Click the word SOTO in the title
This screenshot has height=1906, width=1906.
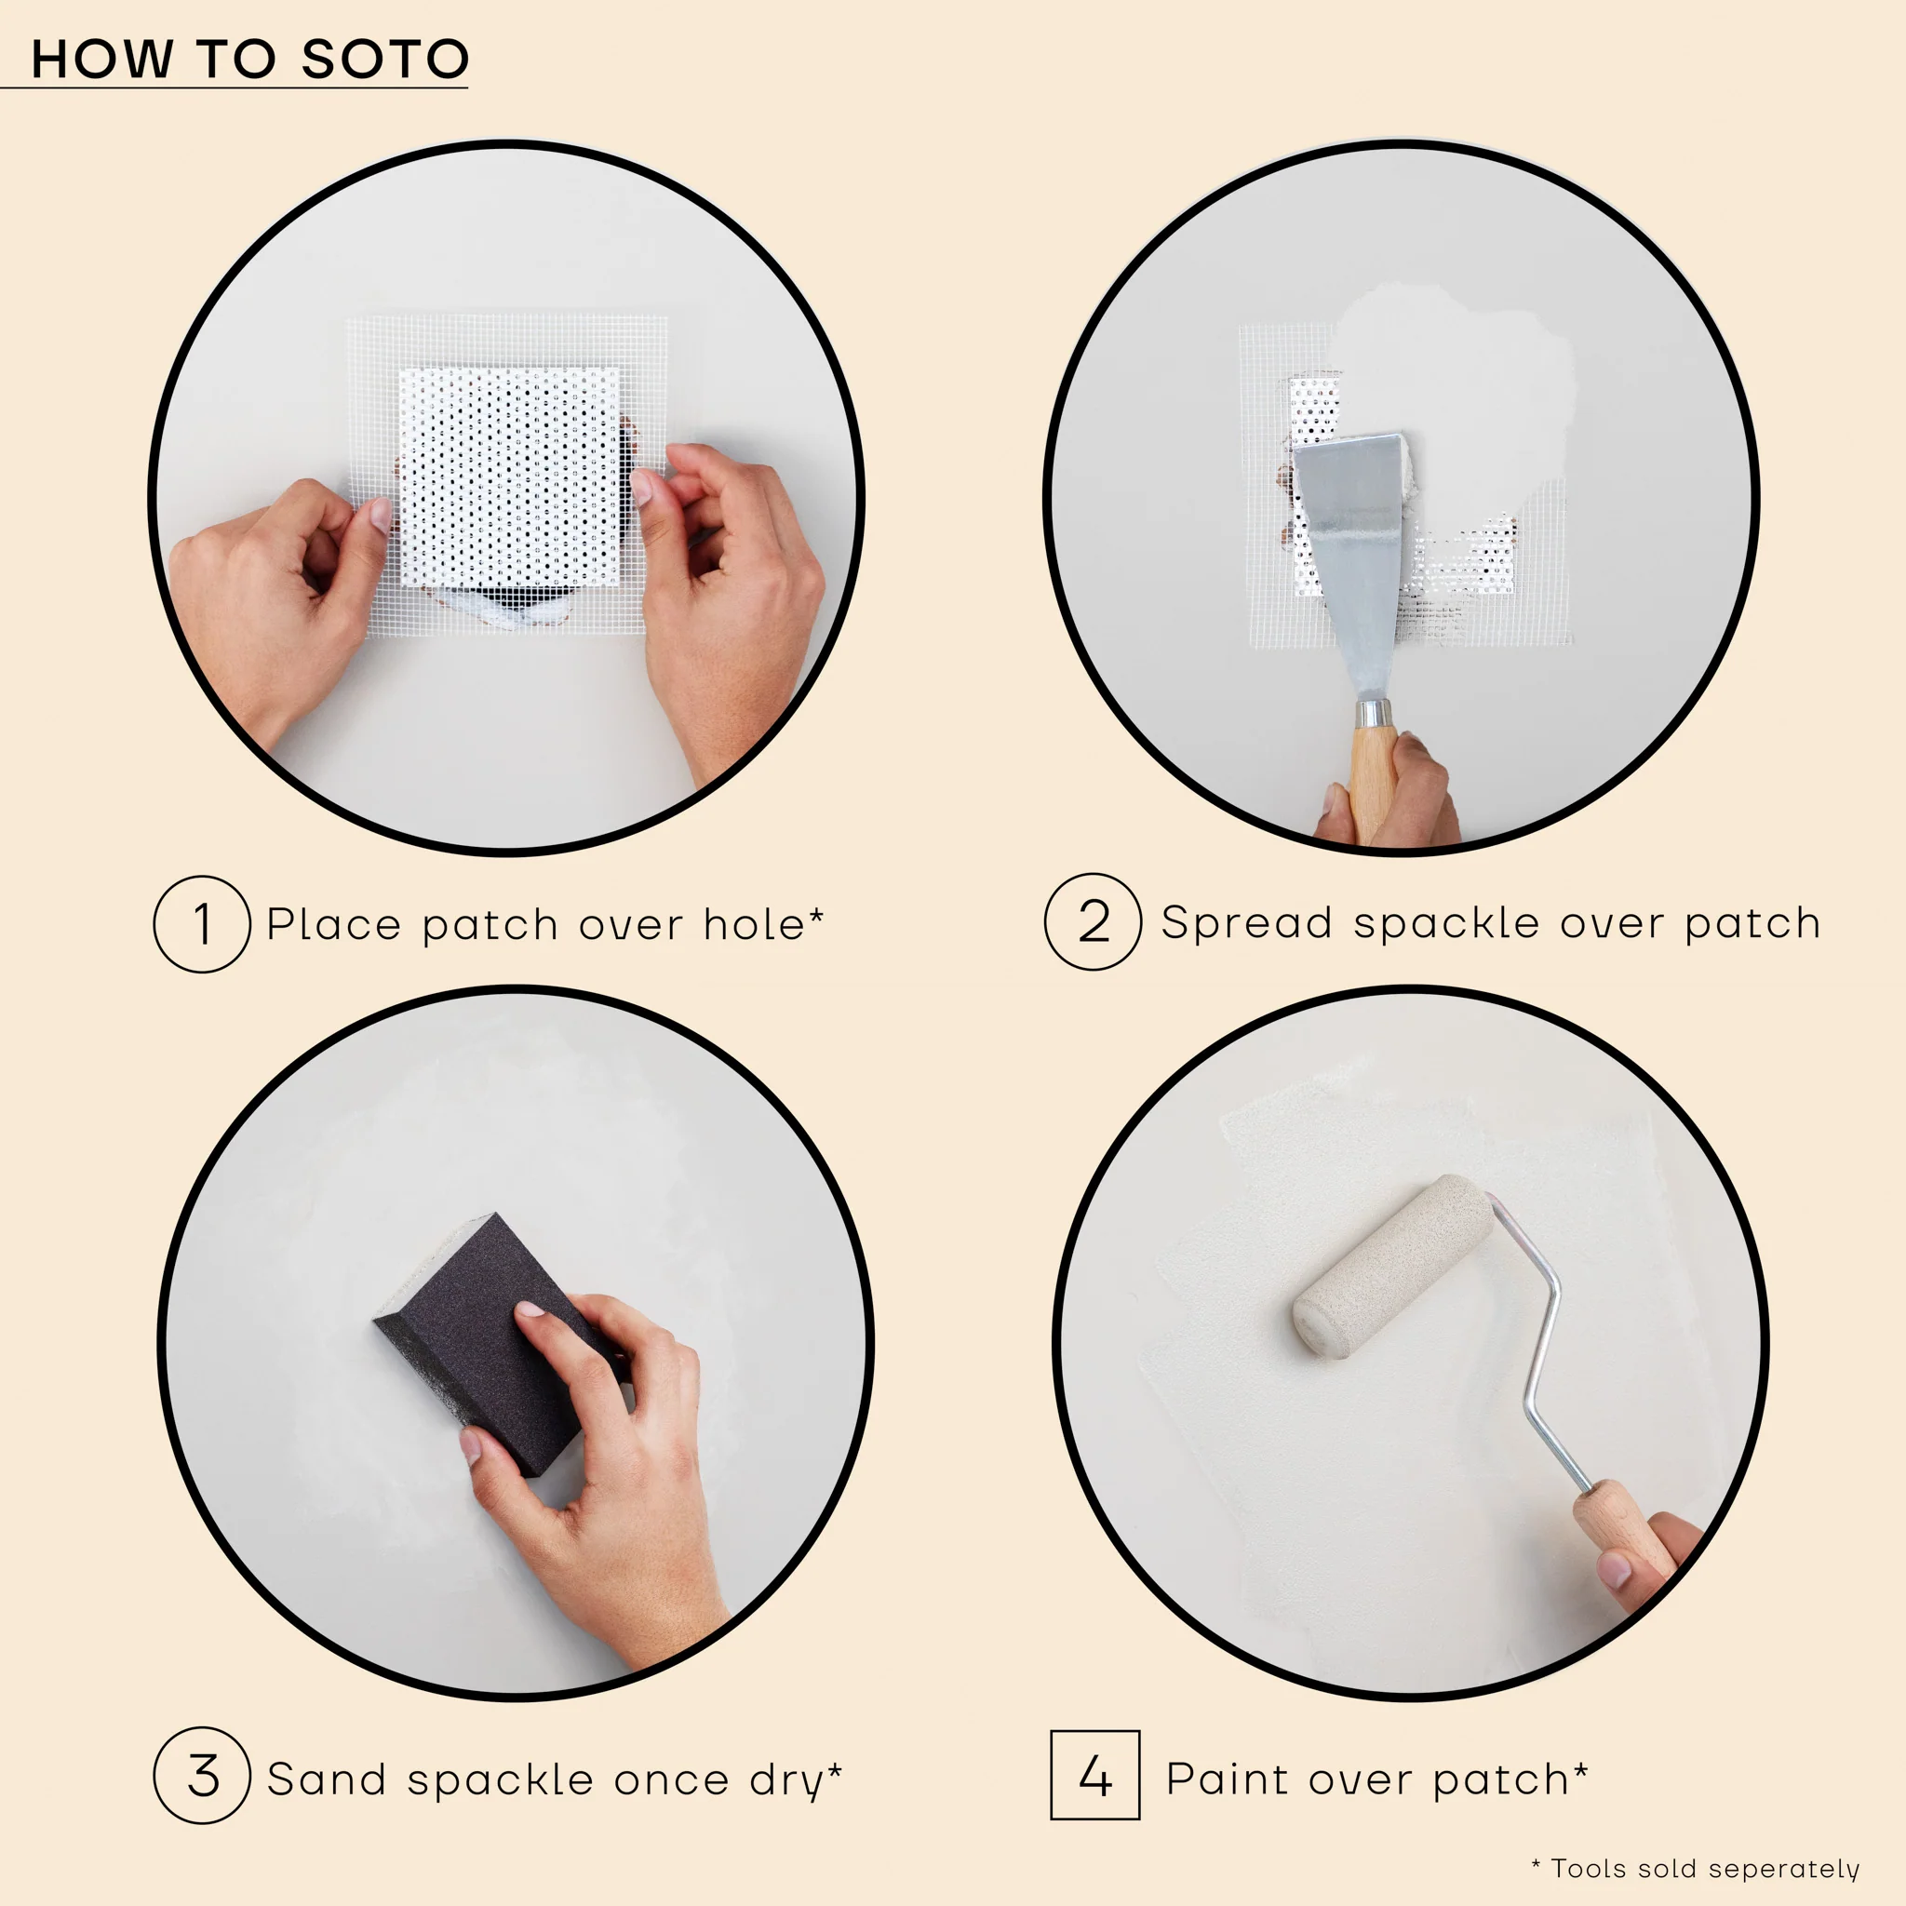coord(384,60)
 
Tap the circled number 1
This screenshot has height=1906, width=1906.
coord(202,924)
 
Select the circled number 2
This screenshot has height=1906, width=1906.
coord(1094,922)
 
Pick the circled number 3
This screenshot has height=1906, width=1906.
coord(202,1776)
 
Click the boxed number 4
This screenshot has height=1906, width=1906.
coord(1095,1776)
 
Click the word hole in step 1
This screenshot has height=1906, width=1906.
coord(755,925)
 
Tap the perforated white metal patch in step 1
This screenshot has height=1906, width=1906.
coord(508,474)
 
